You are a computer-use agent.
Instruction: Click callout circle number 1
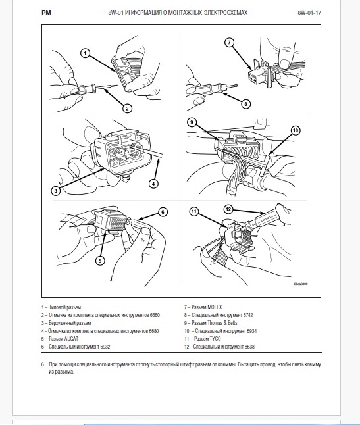pos(86,53)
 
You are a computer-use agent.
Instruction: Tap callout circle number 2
pos(127,109)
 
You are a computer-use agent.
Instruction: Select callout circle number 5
pos(100,261)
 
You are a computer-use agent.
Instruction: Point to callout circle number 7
pos(229,43)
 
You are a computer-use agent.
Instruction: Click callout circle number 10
pos(296,130)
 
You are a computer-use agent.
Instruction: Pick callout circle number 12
pos(228,209)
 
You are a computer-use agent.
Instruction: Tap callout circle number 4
pos(153,184)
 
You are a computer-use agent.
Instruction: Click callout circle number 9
pos(192,122)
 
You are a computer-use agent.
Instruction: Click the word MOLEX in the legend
pos(215,307)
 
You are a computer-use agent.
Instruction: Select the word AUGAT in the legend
pos(71,339)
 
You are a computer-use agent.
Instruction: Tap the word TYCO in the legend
pos(215,339)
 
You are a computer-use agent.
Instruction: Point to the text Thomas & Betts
pos(222,323)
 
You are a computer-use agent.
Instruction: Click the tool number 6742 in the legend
pos(248,315)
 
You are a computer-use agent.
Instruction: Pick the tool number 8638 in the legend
pos(249,347)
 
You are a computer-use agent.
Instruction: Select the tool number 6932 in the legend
pos(105,347)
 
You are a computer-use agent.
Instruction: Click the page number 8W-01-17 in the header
pos(309,12)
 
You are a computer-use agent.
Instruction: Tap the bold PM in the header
pos(46,12)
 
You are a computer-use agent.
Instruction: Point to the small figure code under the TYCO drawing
pos(301,284)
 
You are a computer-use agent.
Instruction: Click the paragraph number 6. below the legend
pos(43,364)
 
